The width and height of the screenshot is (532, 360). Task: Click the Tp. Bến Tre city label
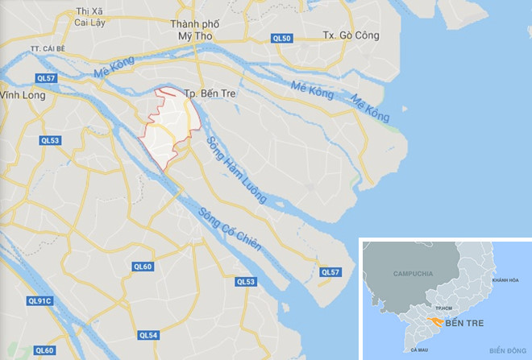[211, 93]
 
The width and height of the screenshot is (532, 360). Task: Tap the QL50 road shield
[281, 38]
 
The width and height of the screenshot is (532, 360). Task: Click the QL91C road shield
[39, 301]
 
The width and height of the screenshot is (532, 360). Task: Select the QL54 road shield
[148, 334]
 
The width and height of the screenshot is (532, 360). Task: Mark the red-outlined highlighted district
[170, 129]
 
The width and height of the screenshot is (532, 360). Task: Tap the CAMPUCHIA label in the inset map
[412, 274]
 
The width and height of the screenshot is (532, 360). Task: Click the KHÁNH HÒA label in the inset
[504, 279]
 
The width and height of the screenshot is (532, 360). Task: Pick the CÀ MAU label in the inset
[418, 350]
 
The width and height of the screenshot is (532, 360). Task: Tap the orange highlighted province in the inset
[434, 321]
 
